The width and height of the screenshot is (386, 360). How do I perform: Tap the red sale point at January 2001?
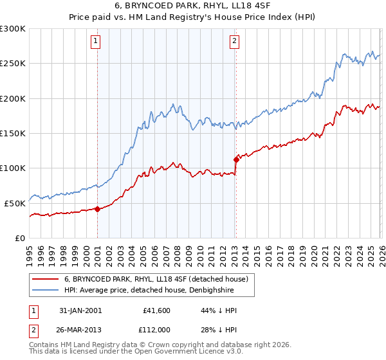tap(97, 208)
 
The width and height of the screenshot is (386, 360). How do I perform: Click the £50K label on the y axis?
tap(15, 203)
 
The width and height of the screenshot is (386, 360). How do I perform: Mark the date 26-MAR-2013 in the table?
tap(79, 328)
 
